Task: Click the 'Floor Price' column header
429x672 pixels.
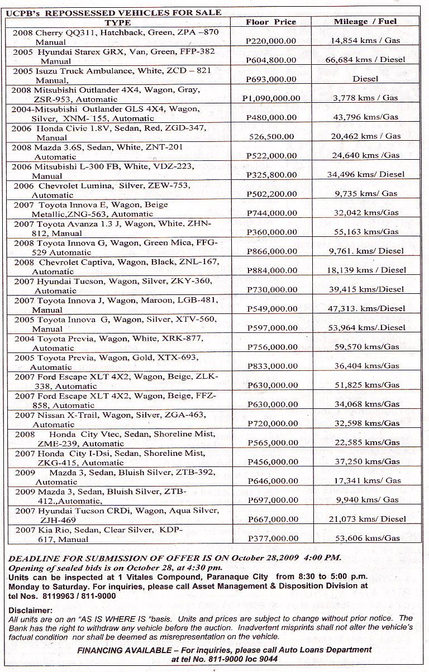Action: click(271, 22)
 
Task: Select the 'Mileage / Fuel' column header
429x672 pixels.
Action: click(365, 22)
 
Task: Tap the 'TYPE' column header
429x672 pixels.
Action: click(118, 22)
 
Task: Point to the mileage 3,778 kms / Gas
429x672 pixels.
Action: click(364, 98)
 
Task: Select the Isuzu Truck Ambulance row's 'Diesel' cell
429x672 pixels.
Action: click(365, 79)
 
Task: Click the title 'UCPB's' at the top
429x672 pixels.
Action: click(20, 12)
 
